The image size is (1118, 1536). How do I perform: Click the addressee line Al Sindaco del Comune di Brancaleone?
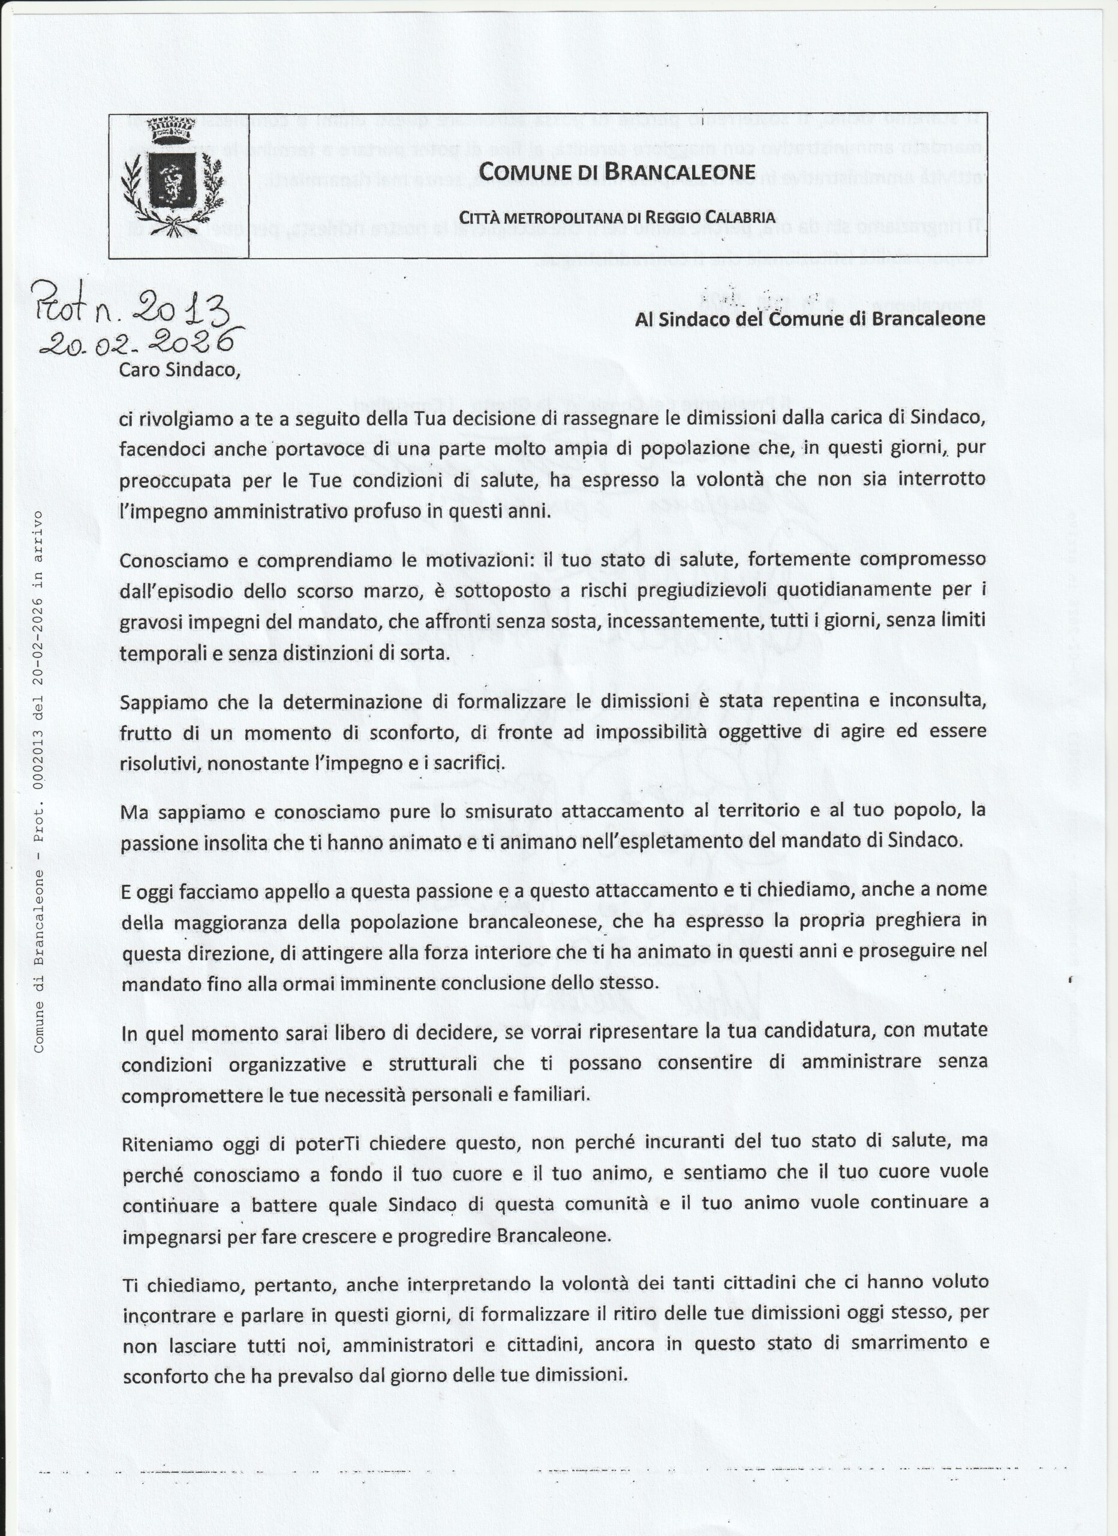coord(810,319)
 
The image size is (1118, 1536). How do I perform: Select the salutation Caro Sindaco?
coord(179,370)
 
